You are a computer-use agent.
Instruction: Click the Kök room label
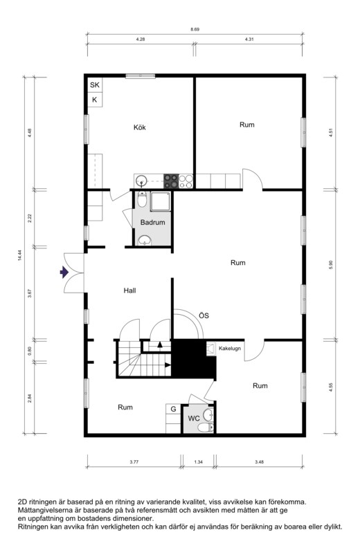140,127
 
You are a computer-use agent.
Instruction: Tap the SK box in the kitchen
95,85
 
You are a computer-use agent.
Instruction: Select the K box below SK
95,100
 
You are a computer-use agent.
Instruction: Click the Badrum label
153,223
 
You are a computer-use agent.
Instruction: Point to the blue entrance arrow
64,273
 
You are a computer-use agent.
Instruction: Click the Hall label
130,291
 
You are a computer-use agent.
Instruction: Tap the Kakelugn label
230,348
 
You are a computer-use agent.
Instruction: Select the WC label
194,419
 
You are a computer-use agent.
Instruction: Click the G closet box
173,410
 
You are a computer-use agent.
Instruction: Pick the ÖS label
204,315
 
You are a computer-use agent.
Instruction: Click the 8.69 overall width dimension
195,30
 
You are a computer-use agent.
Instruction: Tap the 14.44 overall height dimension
19,255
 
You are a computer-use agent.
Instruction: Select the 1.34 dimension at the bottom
199,462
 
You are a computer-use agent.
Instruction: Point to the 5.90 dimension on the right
331,264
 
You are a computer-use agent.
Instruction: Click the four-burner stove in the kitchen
171,181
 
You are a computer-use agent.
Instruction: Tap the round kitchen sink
142,180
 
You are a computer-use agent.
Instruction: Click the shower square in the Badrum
161,201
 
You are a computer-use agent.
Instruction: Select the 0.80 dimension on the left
30,351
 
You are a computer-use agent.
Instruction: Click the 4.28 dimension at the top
141,39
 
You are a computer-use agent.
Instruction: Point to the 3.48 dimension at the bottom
260,462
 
